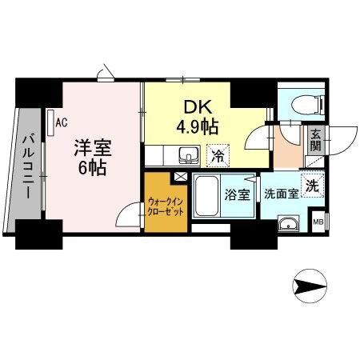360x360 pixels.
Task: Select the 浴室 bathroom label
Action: pos(236,194)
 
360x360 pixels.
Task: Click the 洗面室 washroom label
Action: pos(282,194)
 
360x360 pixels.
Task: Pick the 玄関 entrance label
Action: pos(316,141)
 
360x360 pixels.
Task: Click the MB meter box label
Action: pos(318,222)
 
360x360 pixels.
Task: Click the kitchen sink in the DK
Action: pos(190,154)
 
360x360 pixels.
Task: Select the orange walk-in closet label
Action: pos(164,208)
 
